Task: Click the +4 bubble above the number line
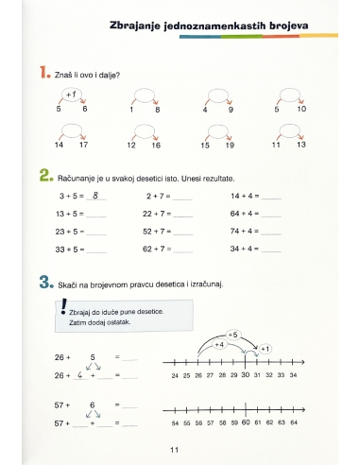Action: click(x=218, y=345)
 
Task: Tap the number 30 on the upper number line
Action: click(x=245, y=375)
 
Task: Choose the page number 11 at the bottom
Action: click(x=175, y=449)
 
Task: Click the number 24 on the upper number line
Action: click(x=176, y=375)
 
